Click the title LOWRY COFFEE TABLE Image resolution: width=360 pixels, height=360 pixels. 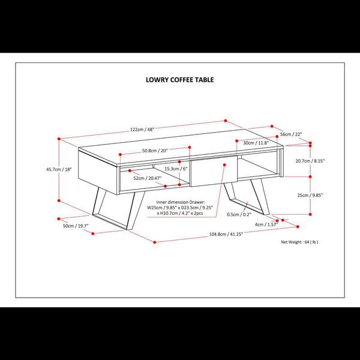(180, 80)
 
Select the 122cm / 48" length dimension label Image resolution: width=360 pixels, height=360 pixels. (142, 130)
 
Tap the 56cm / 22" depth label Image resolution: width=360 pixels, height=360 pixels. (291, 134)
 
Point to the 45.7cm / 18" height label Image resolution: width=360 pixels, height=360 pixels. (59, 169)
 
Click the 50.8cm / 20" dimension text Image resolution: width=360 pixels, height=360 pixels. (155, 151)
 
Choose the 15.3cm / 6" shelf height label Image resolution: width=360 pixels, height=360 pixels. (176, 169)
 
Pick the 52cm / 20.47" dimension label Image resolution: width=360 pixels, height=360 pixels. (148, 178)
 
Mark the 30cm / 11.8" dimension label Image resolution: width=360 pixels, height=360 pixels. (256, 143)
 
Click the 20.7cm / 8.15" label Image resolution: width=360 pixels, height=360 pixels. (310, 161)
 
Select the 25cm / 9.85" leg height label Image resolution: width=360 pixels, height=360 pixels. (310, 195)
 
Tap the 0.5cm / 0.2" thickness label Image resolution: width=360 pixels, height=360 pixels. (239, 214)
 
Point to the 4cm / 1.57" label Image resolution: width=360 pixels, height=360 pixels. (266, 224)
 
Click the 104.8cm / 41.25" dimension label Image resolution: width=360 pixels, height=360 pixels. (226, 235)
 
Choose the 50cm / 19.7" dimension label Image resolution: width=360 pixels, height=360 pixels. (76, 226)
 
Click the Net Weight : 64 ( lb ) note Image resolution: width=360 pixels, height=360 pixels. (299, 242)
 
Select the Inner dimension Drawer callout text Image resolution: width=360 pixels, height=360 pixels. (180, 208)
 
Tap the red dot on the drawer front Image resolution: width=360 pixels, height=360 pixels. (224, 165)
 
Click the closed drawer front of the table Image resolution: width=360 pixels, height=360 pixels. (214, 171)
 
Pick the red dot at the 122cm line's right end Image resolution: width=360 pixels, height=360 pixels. (226, 121)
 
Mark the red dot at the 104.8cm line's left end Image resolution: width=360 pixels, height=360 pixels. (155, 242)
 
